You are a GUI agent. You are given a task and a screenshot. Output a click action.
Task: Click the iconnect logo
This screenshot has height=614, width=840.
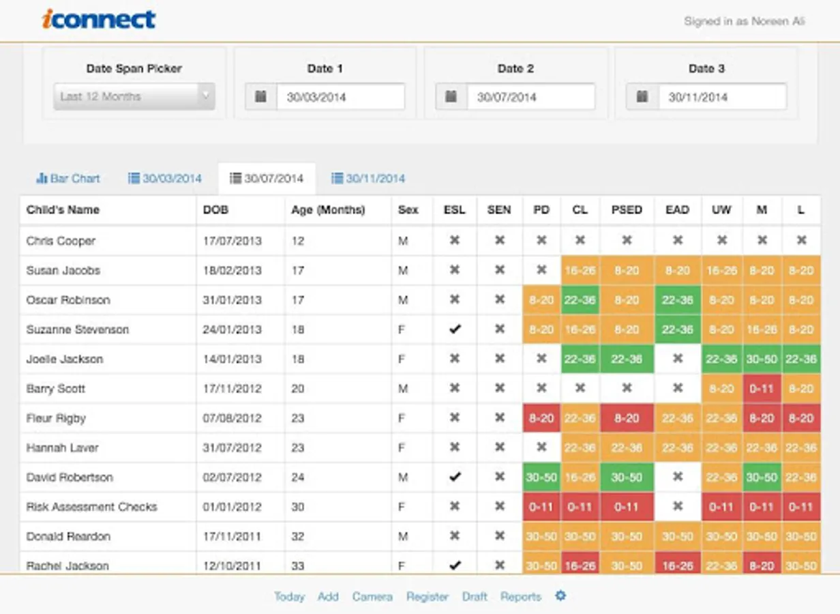tap(99, 19)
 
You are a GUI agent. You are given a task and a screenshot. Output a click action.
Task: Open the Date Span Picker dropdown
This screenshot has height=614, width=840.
tap(134, 96)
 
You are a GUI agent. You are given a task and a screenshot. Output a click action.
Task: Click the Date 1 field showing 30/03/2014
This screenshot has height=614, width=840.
tap(340, 97)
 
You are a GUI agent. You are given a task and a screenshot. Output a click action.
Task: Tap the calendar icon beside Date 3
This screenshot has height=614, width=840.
tap(642, 97)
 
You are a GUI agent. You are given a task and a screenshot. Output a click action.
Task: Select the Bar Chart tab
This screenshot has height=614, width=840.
tap(68, 179)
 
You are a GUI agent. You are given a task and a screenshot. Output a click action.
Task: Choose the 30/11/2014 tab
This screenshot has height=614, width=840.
tap(368, 179)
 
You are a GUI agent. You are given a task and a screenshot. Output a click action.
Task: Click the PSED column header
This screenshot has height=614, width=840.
tap(627, 210)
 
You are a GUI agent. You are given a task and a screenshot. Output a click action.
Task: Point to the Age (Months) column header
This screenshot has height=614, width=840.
tap(328, 210)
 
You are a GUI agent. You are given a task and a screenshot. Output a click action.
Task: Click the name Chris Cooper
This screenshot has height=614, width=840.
tap(61, 241)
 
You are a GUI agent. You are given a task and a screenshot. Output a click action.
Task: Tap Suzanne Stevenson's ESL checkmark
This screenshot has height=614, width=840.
tap(455, 330)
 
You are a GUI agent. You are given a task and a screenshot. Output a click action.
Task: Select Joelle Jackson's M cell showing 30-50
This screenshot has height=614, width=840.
tap(762, 359)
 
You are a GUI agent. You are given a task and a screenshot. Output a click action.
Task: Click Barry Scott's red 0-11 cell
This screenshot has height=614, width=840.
tap(762, 389)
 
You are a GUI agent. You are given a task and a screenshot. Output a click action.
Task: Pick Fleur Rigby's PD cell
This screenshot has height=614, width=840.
tap(541, 418)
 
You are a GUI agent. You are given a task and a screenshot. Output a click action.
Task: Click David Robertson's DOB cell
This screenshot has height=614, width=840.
tap(232, 478)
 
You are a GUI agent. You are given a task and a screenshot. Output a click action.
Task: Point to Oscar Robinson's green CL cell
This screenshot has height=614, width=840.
tap(580, 300)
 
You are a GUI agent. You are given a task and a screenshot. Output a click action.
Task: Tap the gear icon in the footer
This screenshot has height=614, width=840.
tap(560, 596)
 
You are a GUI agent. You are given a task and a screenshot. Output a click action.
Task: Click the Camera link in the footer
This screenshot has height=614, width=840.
tap(372, 596)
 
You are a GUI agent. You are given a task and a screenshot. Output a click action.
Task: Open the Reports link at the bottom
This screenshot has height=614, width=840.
tap(520, 596)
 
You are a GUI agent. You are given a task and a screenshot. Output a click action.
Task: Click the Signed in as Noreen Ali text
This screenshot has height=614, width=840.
tap(744, 21)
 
